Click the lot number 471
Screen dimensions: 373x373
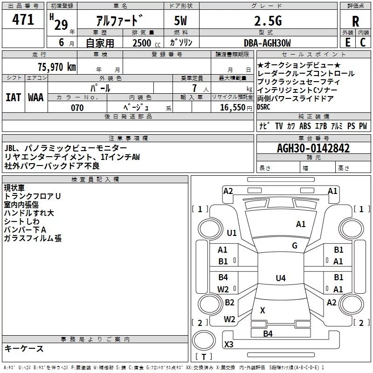tap(23, 20)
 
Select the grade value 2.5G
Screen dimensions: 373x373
tap(268, 21)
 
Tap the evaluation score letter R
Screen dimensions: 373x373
tap(355, 21)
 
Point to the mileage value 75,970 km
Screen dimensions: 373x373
tap(57, 67)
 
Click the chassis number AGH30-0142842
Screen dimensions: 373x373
tap(313, 148)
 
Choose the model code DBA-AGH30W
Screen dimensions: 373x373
tap(267, 43)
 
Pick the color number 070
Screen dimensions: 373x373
tap(77, 108)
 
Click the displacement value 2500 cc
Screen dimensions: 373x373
tap(146, 43)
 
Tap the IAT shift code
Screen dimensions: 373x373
tap(14, 97)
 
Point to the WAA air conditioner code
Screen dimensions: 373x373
tap(36, 97)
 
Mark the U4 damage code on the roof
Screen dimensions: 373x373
tap(281, 278)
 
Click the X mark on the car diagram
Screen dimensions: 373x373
tap(262, 310)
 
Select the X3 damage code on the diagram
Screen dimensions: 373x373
tap(229, 344)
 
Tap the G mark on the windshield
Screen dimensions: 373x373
tap(295, 245)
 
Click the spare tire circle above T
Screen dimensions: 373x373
tap(204, 340)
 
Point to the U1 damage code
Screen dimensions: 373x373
tap(232, 233)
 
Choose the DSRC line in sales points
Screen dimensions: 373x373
tap(263, 107)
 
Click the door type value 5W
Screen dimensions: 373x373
tap(180, 21)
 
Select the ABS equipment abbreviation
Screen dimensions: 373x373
tap(305, 126)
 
